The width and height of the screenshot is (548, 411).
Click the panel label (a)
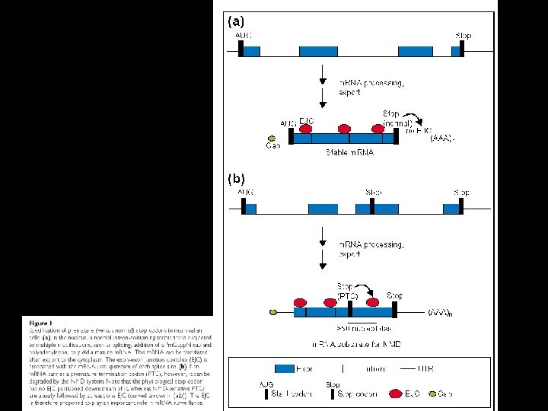[x=237, y=22]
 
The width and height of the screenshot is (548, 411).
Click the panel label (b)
[x=237, y=180]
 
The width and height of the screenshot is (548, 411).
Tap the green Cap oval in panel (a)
[x=272, y=137]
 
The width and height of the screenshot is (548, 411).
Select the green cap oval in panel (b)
[x=272, y=311]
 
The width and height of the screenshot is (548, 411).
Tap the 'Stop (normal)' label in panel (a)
[x=397, y=117]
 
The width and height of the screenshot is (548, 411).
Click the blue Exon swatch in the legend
[x=285, y=368]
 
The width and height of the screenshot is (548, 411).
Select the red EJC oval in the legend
[x=396, y=393]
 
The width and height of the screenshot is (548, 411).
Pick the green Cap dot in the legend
[x=432, y=393]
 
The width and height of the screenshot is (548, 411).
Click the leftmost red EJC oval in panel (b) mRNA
[x=299, y=302]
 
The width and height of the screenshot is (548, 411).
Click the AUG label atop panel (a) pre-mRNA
[x=245, y=36]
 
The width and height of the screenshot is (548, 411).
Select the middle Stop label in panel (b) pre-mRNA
[x=374, y=193]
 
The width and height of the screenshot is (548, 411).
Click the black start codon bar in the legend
[x=267, y=394]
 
